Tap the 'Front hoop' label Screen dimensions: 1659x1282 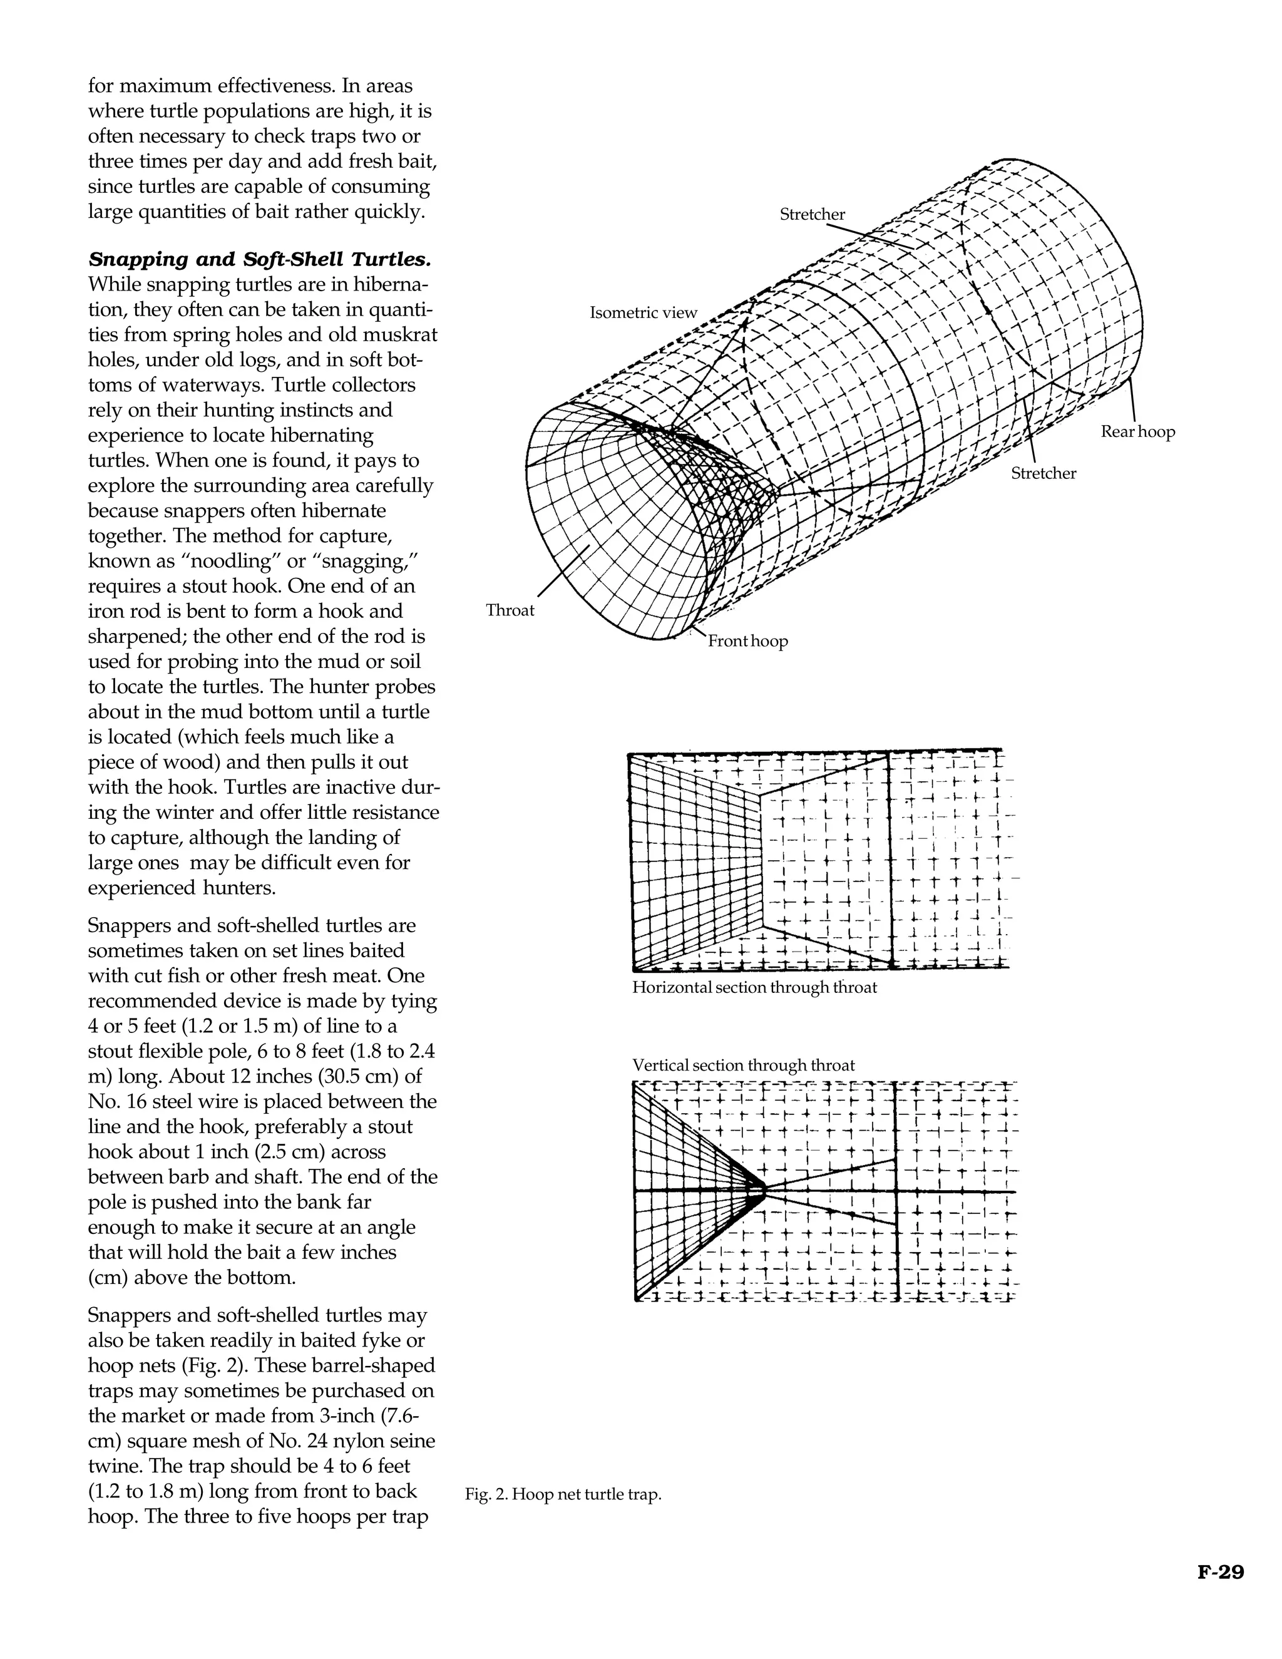pos(747,641)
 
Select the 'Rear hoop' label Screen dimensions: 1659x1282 pos(1137,431)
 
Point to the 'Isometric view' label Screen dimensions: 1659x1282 pos(644,312)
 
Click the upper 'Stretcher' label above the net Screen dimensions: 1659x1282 pos(812,214)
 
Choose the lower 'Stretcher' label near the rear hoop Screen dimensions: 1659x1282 pos(1044,473)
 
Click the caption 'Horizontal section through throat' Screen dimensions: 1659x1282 pos(754,987)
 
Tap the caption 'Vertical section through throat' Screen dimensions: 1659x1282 pos(744,1065)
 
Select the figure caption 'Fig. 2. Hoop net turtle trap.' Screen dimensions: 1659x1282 pos(563,1495)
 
